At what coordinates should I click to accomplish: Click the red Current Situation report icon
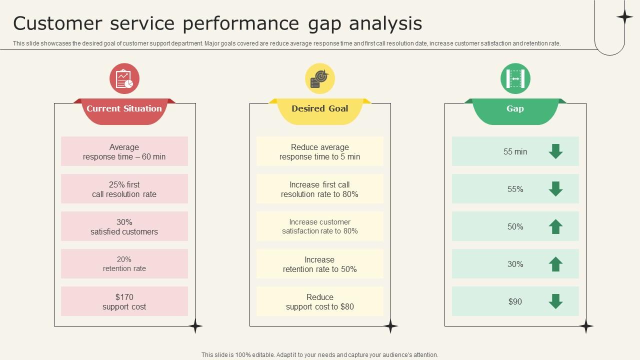[124, 78]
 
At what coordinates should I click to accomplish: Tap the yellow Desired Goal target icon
[319, 78]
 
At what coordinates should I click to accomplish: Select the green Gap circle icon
[515, 78]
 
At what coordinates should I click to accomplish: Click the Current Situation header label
[124, 108]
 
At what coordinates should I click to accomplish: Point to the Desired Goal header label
[319, 108]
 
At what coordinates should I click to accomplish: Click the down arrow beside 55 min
[555, 151]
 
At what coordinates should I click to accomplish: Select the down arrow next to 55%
[555, 189]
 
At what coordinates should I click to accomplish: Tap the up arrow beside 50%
[555, 226]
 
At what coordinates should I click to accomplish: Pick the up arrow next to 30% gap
[555, 264]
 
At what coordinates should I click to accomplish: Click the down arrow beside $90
[555, 301]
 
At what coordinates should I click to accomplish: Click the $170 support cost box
[124, 301]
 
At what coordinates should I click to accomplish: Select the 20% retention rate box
[124, 264]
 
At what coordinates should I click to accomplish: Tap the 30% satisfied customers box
[124, 226]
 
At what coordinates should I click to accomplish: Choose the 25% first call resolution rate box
[124, 189]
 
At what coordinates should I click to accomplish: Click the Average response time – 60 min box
[124, 151]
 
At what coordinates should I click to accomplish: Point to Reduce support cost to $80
[319, 301]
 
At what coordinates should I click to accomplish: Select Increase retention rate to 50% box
[319, 264]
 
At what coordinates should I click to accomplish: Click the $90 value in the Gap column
[515, 301]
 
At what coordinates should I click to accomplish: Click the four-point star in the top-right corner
[624, 17]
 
